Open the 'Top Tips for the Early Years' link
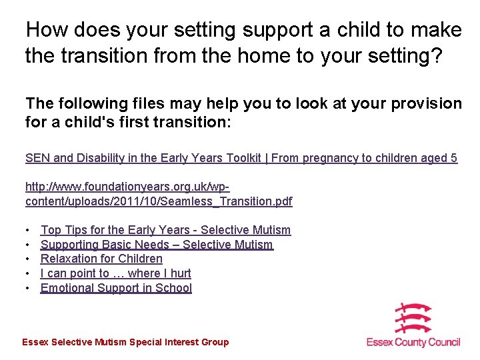[x=165, y=230]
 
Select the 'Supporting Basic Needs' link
[x=157, y=245]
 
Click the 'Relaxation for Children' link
[x=101, y=259]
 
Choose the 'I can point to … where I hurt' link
[x=115, y=273]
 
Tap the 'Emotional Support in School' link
[x=116, y=288]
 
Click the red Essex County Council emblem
[x=413, y=318]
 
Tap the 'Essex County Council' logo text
[x=413, y=342]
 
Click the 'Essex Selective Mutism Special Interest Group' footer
[x=125, y=342]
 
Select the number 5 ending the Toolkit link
[x=454, y=158]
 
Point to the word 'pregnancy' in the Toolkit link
[x=329, y=158]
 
